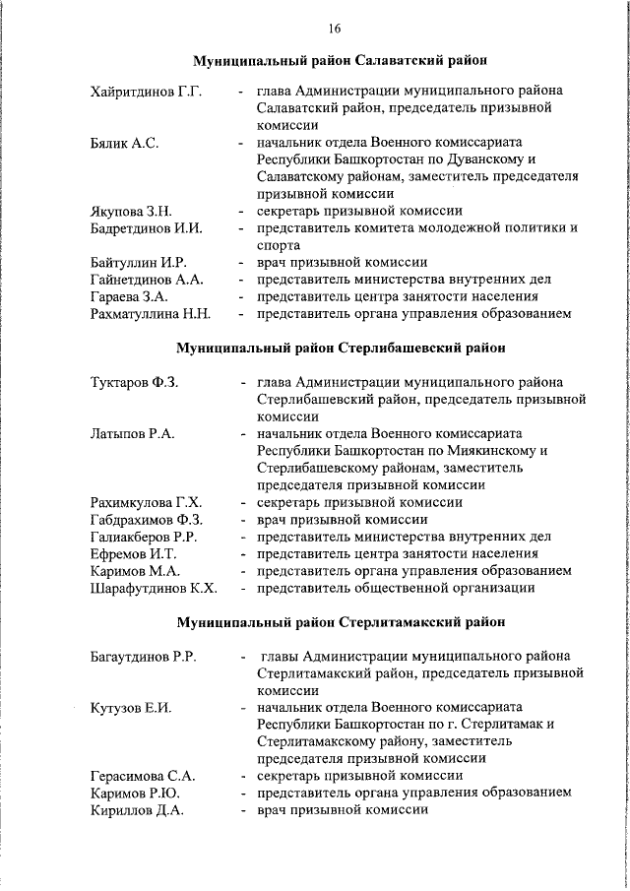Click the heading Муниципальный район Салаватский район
pyautogui.click(x=340, y=62)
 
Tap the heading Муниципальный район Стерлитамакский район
pyautogui.click(x=341, y=622)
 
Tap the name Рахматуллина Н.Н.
pyautogui.click(x=150, y=314)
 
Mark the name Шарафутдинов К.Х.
pyautogui.click(x=153, y=588)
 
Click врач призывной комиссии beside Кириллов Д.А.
pyautogui.click(x=342, y=809)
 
